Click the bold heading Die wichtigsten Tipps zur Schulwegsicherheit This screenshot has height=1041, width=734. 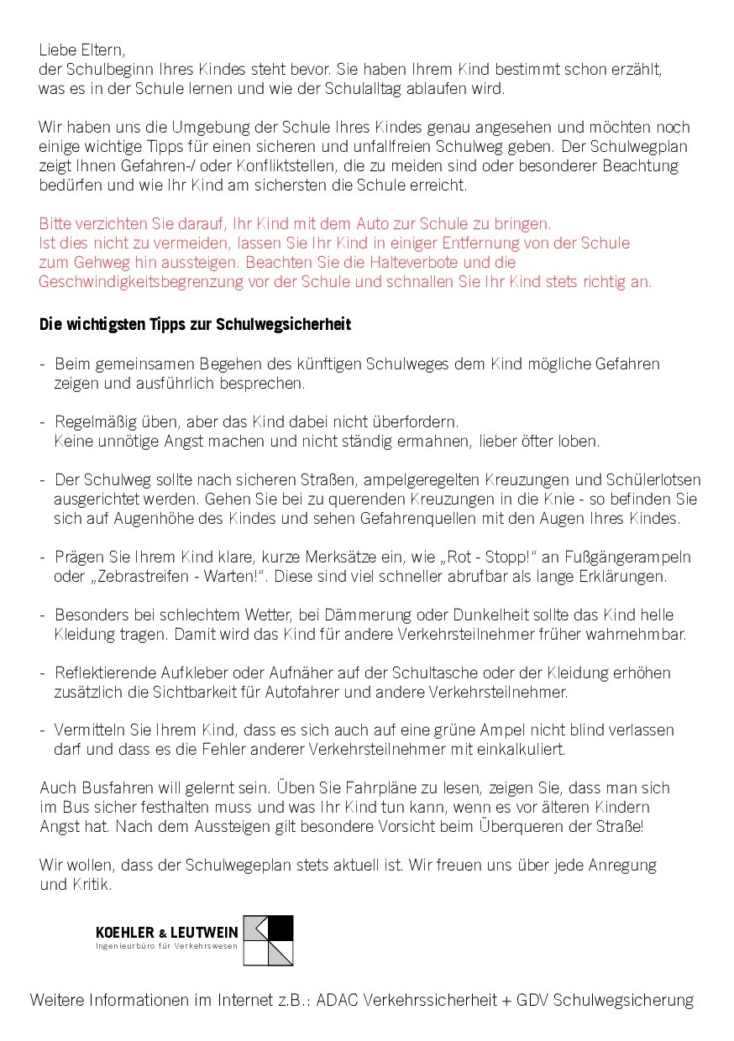pos(195,324)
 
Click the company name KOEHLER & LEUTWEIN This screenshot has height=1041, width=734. pos(167,933)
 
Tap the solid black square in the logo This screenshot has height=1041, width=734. pos(280,928)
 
